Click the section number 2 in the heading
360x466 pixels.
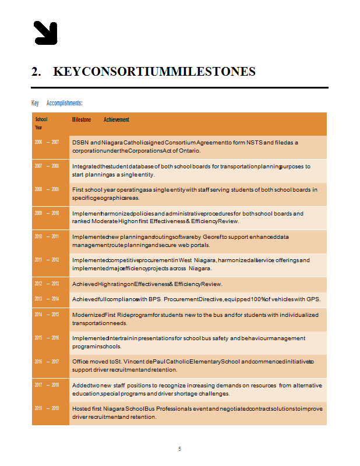tap(36, 72)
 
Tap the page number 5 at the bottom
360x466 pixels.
tap(180, 449)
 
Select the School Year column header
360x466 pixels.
tap(41, 123)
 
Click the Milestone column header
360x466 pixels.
tap(82, 119)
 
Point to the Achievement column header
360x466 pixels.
tap(117, 119)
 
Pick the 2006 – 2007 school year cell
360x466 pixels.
tap(47, 142)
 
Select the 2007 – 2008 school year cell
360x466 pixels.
tap(47, 166)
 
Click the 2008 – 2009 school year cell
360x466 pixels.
tap(47, 189)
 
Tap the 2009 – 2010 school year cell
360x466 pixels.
tap(47, 213)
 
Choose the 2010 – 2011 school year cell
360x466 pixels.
tap(47, 236)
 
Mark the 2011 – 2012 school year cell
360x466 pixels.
tap(47, 260)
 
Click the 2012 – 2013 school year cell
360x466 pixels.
tap(47, 284)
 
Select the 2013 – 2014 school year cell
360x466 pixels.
tap(47, 299)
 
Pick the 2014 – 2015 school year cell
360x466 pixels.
tap(47, 315)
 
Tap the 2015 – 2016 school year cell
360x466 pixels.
tap(47, 338)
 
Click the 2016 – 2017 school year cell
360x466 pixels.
tap(47, 362)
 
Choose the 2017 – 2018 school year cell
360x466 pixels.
tap(47, 385)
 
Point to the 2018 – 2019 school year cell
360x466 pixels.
tap(47, 408)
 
